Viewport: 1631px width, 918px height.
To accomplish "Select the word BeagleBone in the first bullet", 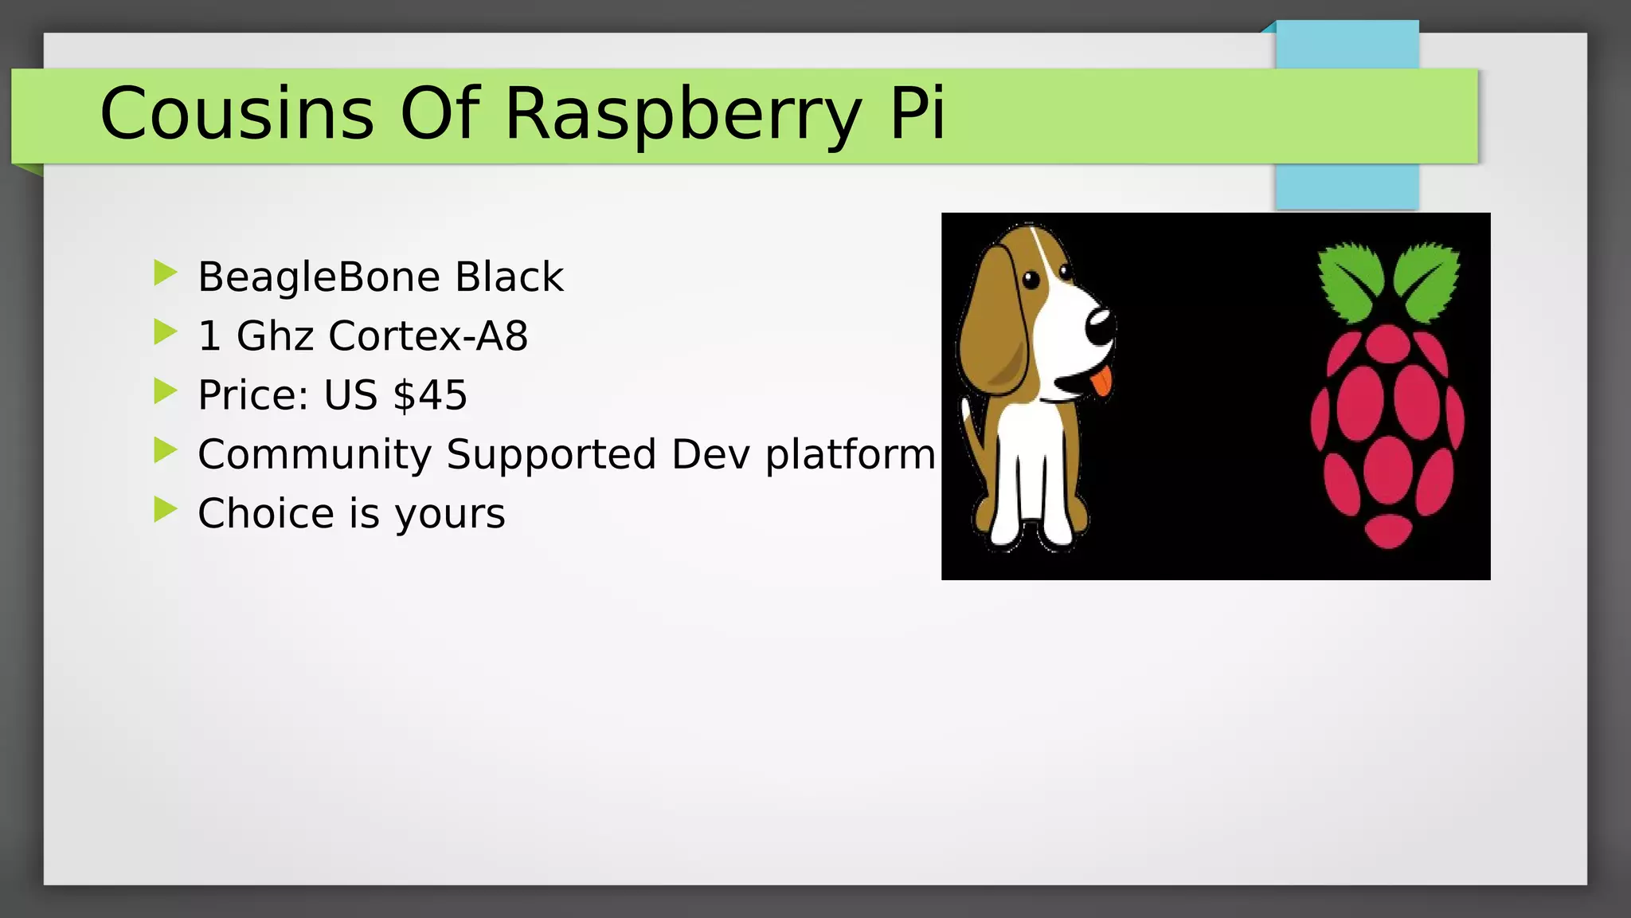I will click(319, 277).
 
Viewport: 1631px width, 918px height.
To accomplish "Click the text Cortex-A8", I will click(428, 335).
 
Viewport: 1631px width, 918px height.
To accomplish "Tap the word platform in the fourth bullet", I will click(850, 454).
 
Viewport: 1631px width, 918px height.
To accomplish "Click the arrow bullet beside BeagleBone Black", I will click(165, 273).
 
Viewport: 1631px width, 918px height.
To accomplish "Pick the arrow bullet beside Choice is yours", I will click(165, 509).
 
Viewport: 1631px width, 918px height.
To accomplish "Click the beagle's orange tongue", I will click(1101, 382).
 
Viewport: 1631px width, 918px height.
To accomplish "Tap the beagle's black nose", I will click(1101, 325).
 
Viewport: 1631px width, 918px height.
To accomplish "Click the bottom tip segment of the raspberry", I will click(1388, 530).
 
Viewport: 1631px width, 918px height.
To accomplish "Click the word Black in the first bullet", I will click(509, 277).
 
